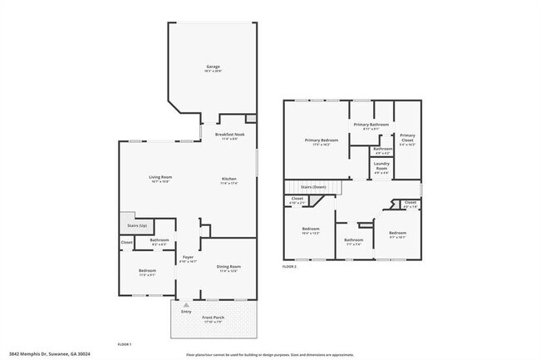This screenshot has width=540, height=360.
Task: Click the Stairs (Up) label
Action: (x=137, y=225)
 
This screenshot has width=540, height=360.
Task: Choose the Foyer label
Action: (x=188, y=259)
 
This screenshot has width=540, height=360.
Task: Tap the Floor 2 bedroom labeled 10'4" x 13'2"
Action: (x=311, y=230)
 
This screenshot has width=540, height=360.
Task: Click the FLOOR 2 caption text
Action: (x=290, y=266)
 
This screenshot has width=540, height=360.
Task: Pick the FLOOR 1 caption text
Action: (x=125, y=343)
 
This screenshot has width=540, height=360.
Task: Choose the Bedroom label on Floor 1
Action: (x=146, y=273)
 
